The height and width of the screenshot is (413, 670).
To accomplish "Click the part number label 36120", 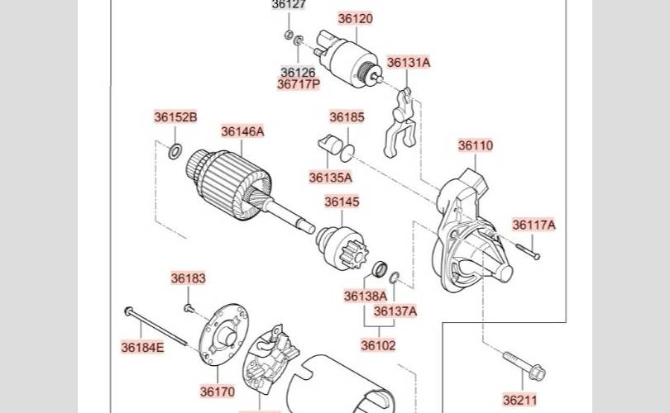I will point(355,18).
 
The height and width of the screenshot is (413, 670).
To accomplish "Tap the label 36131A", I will point(409,62).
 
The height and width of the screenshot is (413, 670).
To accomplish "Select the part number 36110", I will point(476,145).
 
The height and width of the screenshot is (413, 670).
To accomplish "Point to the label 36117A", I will point(534,225).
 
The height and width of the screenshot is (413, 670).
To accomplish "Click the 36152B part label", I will point(175,117).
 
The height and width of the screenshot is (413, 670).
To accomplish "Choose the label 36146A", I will point(242,131).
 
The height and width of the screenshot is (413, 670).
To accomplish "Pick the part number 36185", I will point(347,117).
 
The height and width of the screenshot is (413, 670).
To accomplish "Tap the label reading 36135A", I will point(330,177).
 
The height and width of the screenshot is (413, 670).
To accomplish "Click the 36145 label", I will point(342,202).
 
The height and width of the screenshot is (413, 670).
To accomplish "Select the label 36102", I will point(378,345).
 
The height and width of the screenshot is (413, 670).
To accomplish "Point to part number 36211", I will point(520,400).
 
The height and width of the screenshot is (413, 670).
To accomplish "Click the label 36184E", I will point(142,347).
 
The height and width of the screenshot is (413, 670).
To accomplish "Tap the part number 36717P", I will point(298,84).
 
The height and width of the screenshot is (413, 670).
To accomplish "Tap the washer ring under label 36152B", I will point(175,151).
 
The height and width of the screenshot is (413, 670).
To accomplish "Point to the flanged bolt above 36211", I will point(524,366).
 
